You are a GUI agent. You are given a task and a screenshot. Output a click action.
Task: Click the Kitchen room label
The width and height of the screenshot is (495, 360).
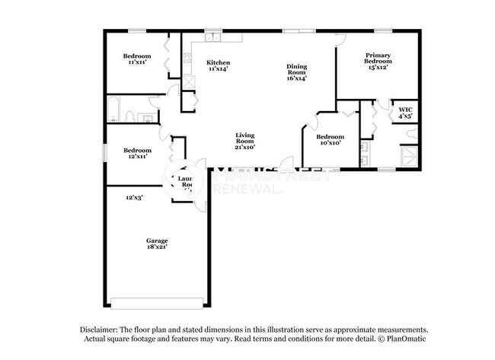click(x=219, y=62)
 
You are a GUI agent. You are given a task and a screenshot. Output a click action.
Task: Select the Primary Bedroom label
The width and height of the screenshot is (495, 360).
click(x=378, y=58)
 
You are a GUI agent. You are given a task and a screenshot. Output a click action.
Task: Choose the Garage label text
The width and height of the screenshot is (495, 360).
click(x=158, y=241)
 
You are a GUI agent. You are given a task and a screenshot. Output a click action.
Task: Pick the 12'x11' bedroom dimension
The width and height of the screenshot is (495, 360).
click(x=136, y=156)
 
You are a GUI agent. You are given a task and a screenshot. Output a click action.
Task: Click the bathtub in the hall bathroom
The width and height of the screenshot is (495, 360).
click(x=113, y=109)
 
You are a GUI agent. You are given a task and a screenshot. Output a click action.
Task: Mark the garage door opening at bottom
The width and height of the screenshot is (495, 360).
click(x=158, y=298)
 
